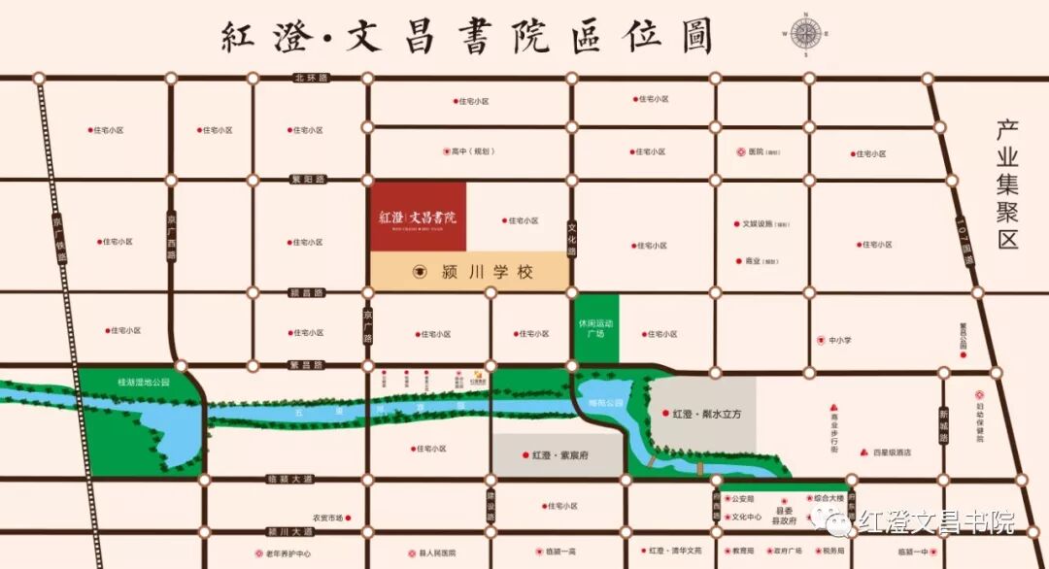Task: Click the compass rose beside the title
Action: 805,34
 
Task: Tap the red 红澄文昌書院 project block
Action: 418,216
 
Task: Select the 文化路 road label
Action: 572,236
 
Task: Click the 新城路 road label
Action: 942,425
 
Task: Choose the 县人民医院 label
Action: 437,552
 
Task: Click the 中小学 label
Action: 838,340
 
